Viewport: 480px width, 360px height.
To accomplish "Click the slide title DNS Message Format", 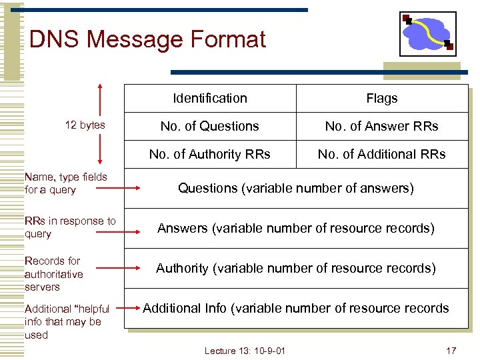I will [x=147, y=39].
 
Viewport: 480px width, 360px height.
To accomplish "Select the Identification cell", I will [x=210, y=99].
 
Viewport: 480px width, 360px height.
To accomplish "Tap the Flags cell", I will [x=381, y=99].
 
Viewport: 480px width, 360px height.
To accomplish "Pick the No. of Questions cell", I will [x=210, y=126].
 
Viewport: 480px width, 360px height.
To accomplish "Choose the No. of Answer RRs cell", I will [x=381, y=126].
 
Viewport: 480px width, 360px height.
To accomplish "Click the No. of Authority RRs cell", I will [x=210, y=154].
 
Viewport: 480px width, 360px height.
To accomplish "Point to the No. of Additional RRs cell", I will [x=381, y=154].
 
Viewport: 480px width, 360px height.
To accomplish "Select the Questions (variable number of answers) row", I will [x=296, y=188].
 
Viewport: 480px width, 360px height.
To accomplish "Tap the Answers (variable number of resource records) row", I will [x=296, y=228].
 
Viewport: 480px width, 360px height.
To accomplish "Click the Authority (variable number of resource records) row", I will [x=296, y=268].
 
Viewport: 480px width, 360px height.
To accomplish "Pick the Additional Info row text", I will [x=296, y=308].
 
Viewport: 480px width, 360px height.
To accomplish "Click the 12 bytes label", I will [x=85, y=125].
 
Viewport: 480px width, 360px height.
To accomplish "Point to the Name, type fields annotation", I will [x=65, y=183].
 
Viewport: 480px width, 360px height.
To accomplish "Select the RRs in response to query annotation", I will [x=69, y=227].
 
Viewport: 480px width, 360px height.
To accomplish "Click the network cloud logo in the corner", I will [x=427, y=33].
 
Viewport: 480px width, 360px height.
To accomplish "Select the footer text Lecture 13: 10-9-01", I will [x=245, y=351].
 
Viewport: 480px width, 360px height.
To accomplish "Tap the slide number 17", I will [x=451, y=351].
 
